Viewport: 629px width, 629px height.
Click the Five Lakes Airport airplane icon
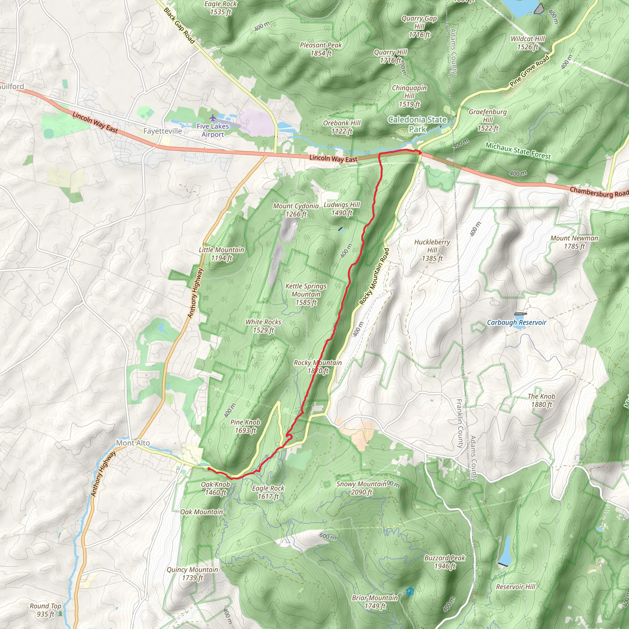tap(213, 118)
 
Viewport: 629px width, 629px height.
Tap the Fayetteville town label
tap(162, 131)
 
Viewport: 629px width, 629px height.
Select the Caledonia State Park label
tap(417, 124)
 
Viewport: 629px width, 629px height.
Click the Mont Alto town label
tap(133, 443)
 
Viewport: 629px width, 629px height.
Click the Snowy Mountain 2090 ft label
tap(361, 488)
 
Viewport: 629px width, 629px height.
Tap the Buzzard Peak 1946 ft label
tap(445, 562)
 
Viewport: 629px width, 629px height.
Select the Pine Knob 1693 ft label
tap(245, 426)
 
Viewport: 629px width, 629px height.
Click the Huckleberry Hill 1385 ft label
tap(432, 250)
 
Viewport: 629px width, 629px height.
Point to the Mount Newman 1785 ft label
tap(574, 242)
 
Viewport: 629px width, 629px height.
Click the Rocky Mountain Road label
tap(374, 276)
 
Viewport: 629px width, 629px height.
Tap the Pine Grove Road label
tap(529, 71)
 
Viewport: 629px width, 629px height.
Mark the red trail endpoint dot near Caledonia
tap(420, 152)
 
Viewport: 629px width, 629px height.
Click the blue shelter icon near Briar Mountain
tap(410, 591)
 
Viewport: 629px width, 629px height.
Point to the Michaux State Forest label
tap(518, 151)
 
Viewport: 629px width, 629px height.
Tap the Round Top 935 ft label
tap(45, 610)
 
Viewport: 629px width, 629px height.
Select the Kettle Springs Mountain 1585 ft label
tap(306, 294)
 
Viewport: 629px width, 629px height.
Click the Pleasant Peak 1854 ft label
tap(321, 49)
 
